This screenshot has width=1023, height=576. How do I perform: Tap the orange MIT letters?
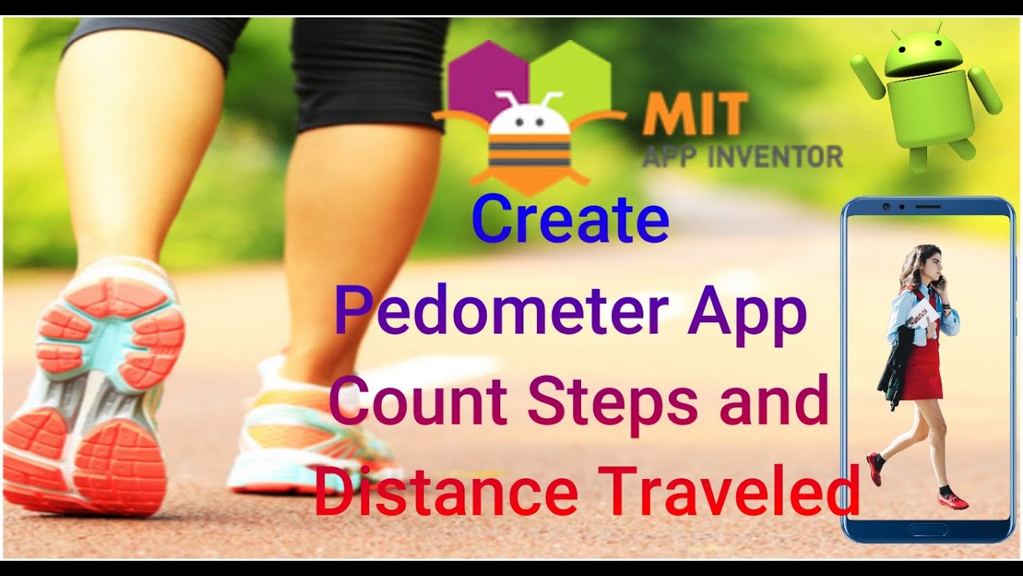695,114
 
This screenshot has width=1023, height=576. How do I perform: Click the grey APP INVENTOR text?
742,155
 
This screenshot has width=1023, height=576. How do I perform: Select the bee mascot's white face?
528,118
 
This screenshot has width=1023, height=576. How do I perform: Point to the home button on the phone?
928,529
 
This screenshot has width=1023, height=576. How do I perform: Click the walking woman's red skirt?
922,371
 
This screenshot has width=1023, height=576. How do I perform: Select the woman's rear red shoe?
876,467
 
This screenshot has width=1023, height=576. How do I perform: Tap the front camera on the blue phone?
888,206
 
